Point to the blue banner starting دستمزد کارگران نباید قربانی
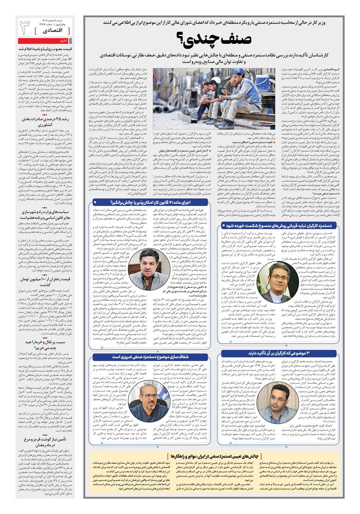point(279,225)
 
